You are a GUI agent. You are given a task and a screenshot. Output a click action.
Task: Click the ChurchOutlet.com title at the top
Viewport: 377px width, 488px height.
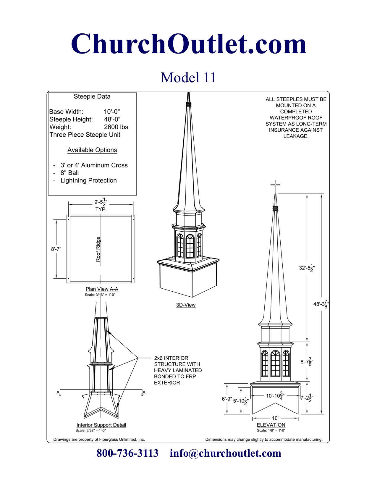(189, 44)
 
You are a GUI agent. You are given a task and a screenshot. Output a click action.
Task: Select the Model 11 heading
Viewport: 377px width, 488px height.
(188, 77)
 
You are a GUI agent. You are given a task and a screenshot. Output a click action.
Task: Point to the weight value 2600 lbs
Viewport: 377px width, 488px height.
(116, 127)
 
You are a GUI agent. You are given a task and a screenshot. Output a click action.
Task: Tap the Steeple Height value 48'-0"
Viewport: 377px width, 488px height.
(112, 119)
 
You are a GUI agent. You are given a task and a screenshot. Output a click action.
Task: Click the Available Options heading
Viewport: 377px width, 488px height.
(92, 150)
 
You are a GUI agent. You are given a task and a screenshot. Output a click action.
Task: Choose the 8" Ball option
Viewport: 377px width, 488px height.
(69, 173)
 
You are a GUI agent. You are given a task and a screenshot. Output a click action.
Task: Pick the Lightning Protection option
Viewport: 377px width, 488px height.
(88, 181)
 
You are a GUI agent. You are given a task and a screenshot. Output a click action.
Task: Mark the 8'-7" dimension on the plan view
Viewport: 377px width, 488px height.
(56, 249)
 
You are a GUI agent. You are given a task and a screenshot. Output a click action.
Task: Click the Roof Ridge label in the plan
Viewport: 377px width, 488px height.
(98, 249)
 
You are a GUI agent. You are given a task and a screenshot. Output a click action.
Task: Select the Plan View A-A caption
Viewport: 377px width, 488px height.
(102, 289)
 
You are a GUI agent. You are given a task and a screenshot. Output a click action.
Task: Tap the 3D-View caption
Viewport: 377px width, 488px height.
(186, 305)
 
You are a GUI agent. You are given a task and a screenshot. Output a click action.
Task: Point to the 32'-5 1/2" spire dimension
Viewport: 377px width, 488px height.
(307, 268)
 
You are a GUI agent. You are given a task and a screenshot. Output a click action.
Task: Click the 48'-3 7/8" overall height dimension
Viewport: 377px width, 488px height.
(321, 304)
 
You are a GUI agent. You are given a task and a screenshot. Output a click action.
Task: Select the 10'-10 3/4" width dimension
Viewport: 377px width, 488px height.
(275, 396)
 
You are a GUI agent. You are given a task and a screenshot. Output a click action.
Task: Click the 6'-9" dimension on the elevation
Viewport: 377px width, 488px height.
(227, 399)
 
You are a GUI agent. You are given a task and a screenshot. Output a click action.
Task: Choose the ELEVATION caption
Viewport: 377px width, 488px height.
(271, 425)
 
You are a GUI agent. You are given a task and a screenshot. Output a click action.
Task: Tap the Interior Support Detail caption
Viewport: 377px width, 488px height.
(101, 425)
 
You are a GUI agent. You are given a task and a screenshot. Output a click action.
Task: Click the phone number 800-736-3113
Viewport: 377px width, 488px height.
(127, 453)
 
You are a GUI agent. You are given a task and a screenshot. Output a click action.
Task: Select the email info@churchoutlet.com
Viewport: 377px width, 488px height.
(225, 453)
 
